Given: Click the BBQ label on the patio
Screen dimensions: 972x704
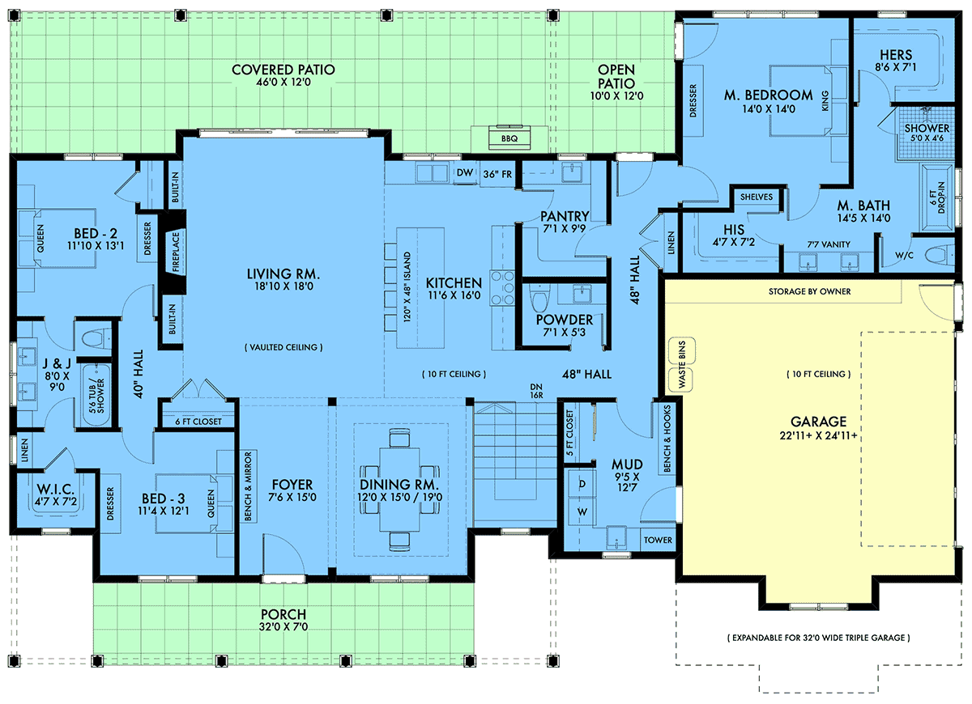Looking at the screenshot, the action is tap(509, 138).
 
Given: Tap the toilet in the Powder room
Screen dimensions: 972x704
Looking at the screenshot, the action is tap(539, 299).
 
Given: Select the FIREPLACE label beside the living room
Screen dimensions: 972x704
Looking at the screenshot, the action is tap(176, 252).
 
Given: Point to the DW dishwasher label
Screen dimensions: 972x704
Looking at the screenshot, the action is tap(465, 172).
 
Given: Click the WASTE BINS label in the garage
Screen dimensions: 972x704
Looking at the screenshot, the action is tap(682, 364).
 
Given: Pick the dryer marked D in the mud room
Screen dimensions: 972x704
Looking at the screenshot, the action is tap(582, 484).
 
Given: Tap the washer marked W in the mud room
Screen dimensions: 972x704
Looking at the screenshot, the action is tap(582, 512).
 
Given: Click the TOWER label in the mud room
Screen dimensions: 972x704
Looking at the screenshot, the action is tap(658, 541).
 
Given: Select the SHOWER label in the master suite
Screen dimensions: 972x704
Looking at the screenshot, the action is tap(927, 129).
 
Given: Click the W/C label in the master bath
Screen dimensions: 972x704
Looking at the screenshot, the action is tap(904, 256).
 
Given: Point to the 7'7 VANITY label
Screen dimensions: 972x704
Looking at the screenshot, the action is tap(829, 244).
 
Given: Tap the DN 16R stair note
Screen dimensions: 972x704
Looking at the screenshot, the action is tap(536, 391).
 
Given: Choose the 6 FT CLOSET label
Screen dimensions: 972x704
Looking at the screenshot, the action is tap(198, 422).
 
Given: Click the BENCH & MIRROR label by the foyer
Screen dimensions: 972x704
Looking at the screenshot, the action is tap(248, 486).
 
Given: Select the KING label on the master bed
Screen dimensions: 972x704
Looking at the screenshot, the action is tap(825, 100).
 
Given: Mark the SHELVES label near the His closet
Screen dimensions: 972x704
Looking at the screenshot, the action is tap(757, 197).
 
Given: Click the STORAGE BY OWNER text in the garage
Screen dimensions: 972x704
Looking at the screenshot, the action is tap(810, 292).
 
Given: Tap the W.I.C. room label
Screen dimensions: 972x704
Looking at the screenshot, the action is tap(56, 490).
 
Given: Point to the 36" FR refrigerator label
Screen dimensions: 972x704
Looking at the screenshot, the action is tap(497, 174).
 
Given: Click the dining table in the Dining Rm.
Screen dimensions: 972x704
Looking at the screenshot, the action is tap(399, 490).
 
